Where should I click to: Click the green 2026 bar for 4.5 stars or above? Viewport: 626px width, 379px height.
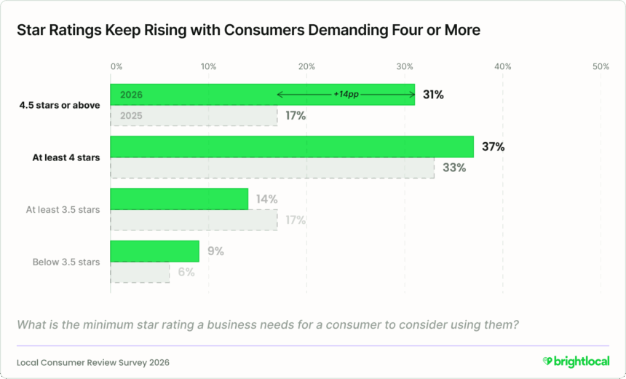[197, 95]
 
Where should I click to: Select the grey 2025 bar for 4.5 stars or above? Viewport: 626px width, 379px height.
[194, 116]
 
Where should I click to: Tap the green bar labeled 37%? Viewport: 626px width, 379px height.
[291, 146]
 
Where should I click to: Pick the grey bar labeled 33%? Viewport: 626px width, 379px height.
[272, 168]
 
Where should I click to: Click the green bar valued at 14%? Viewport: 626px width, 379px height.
[179, 199]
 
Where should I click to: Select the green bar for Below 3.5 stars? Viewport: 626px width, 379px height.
[154, 251]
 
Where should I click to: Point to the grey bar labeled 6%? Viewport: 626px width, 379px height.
[140, 273]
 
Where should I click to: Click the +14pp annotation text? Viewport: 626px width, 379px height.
[346, 95]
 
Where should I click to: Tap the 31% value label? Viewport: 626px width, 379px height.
[433, 95]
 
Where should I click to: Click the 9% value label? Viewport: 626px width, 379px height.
[215, 251]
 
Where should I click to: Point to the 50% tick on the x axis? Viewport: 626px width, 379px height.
[601, 66]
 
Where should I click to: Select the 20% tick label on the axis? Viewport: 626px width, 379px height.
[306, 66]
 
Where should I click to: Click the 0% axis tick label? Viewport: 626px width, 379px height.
[116, 66]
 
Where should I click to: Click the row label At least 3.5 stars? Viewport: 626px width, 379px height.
[63, 210]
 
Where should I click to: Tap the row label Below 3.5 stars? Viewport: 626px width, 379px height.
[66, 262]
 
